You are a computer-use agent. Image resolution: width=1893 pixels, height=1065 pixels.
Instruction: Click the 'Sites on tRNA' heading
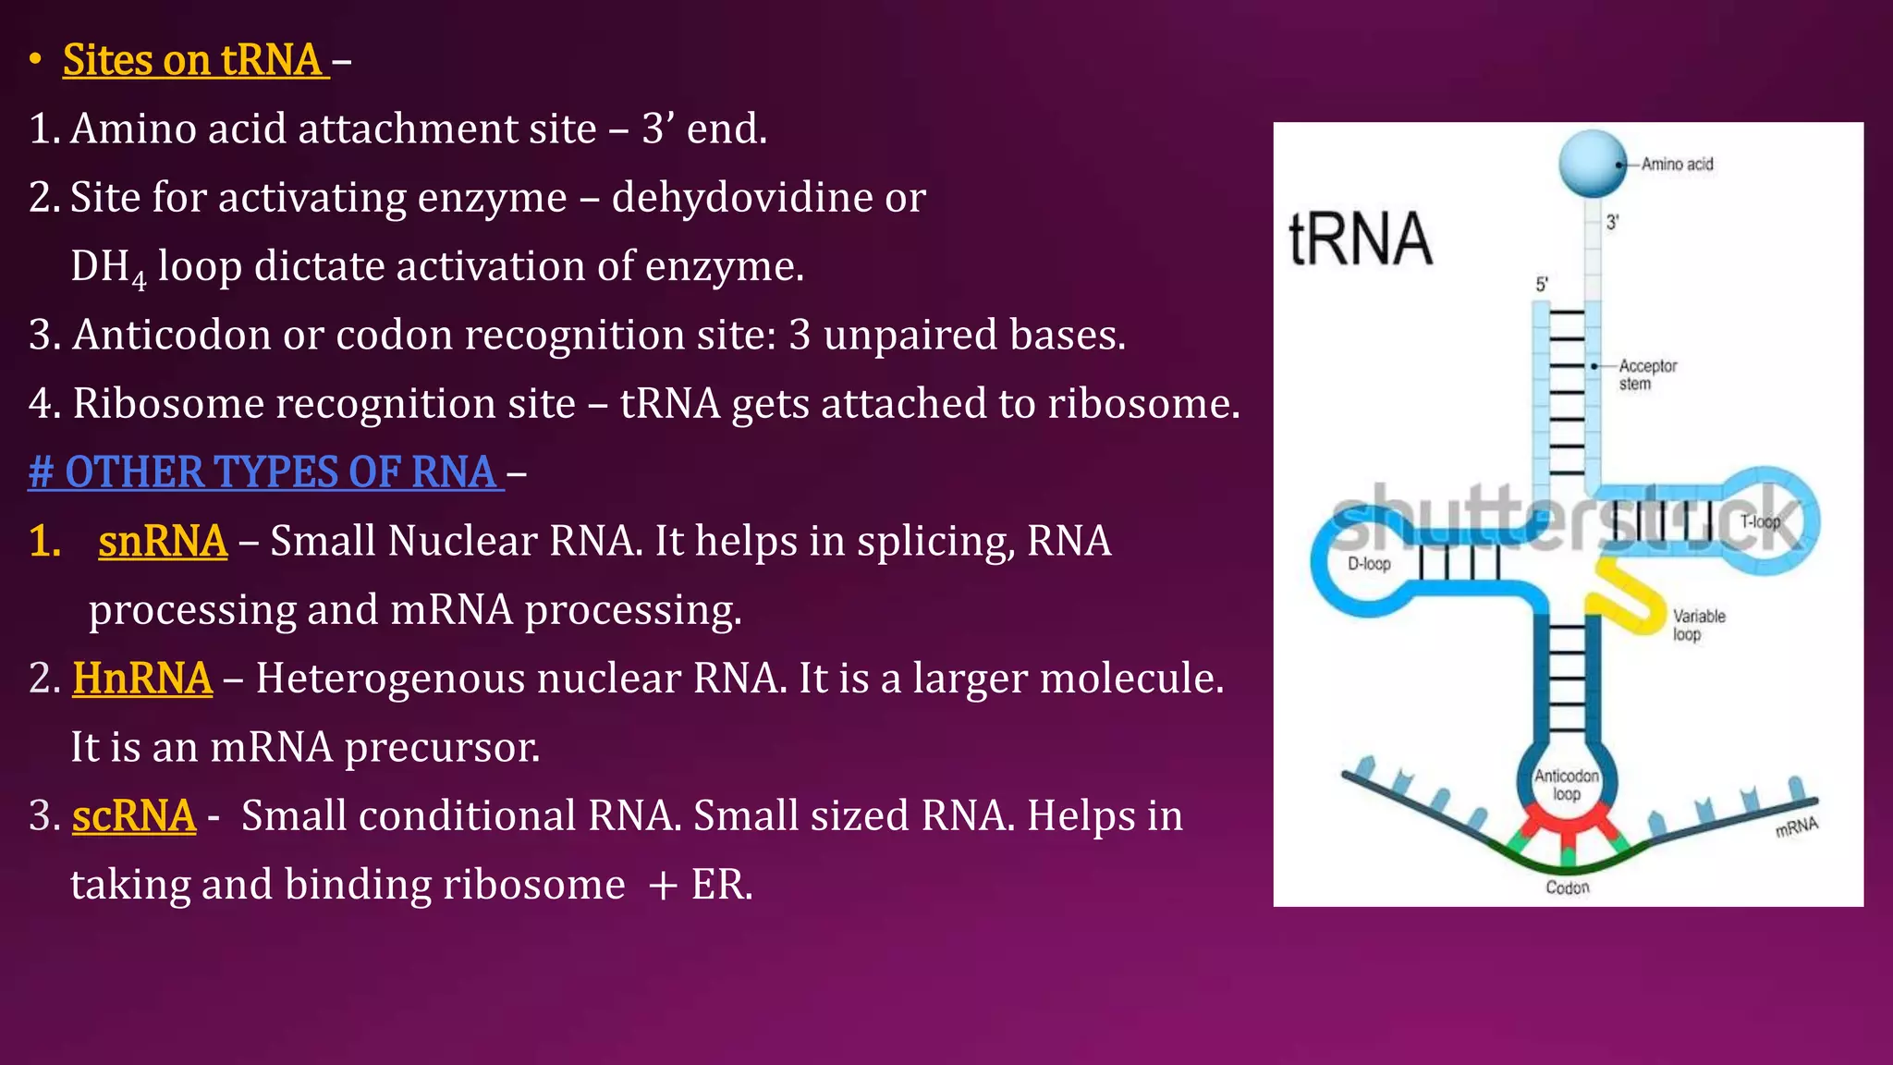(195, 60)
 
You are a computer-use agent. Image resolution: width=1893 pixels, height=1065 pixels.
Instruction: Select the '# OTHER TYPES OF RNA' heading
(265, 472)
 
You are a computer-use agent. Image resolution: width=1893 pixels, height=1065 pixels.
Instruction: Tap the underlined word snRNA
(163, 542)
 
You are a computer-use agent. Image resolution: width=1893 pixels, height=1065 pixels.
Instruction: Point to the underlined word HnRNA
(142, 679)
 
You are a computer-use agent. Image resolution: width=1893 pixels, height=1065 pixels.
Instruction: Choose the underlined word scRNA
(134, 816)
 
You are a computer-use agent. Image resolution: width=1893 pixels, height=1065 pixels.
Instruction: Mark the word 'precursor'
(442, 748)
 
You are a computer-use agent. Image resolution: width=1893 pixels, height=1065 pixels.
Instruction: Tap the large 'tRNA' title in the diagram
(1360, 239)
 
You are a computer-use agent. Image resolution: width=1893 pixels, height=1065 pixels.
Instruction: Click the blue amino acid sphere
(1592, 164)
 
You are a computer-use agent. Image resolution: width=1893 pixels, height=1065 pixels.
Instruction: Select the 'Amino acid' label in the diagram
(1677, 165)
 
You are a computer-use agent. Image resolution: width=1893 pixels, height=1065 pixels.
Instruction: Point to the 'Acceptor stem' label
(1647, 374)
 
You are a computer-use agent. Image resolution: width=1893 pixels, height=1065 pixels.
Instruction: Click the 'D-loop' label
(1369, 564)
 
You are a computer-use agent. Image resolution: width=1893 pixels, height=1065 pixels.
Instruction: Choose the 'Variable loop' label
(1698, 625)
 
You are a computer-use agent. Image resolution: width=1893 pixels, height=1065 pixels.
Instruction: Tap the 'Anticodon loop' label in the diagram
(1567, 785)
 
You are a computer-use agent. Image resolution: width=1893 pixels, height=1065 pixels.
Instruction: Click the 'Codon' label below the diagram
(1568, 887)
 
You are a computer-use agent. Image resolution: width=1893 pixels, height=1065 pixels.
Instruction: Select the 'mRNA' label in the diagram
(1796, 826)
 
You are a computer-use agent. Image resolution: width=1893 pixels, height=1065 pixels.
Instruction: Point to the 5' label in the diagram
(1542, 285)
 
